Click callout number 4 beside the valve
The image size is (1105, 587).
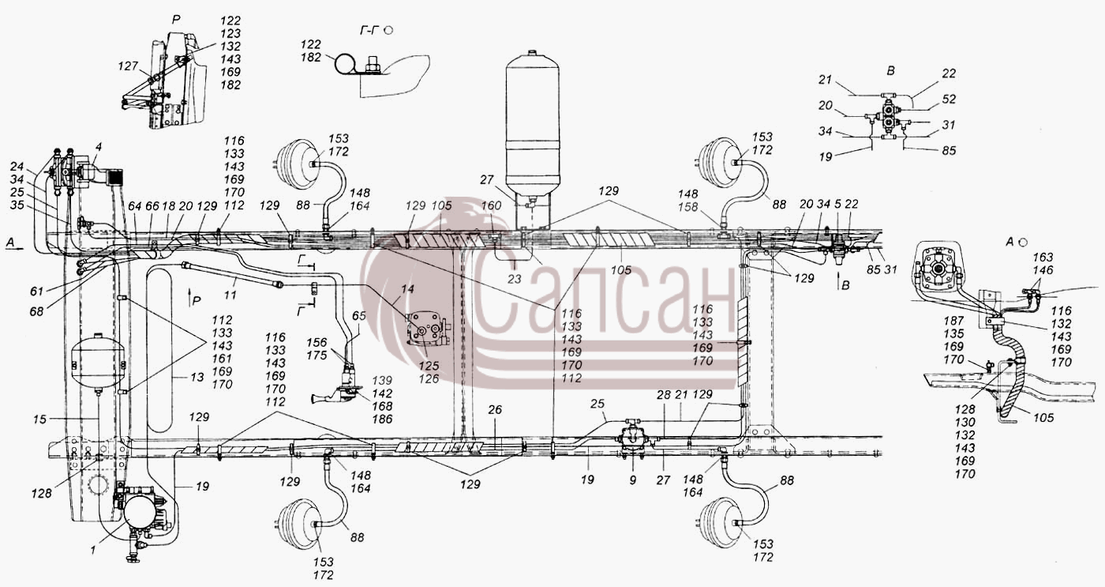click(99, 147)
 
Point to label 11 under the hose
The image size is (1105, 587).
click(230, 295)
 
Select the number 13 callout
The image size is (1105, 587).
click(197, 377)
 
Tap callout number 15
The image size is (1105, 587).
click(40, 420)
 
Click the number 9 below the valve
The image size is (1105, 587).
click(633, 480)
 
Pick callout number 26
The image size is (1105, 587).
click(495, 410)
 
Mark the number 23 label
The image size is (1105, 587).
click(515, 280)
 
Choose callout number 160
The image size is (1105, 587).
click(491, 205)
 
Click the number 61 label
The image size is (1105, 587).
click(36, 292)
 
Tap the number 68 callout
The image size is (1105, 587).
click(36, 311)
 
